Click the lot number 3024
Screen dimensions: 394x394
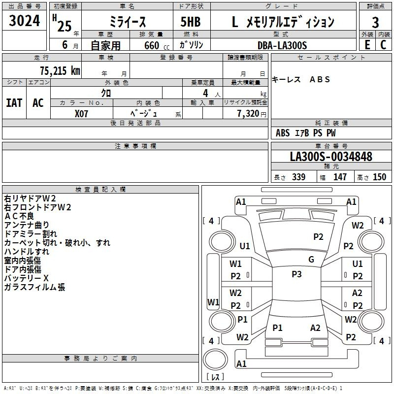[24, 21]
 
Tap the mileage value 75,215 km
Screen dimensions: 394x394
[60, 71]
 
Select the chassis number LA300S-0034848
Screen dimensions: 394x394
[331, 157]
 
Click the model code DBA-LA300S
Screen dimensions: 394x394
[282, 45]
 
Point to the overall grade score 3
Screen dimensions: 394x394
[375, 23]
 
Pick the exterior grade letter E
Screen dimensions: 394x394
[367, 45]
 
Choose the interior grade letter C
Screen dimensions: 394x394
[383, 45]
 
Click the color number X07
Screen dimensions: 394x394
[81, 114]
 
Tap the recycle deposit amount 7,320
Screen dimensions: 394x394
[248, 114]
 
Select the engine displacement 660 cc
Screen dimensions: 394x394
[157, 46]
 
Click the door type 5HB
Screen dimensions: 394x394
[191, 22]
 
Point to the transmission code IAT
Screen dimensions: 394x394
[14, 103]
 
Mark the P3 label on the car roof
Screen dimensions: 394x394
[296, 274]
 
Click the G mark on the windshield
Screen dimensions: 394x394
[311, 260]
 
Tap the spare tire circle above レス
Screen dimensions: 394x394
[215, 359]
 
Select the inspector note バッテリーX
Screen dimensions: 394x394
[27, 278]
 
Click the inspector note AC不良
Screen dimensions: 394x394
[19, 216]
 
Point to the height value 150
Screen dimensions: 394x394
[379, 177]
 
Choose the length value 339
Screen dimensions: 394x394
[298, 177]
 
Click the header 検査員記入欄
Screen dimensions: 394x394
[100, 190]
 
